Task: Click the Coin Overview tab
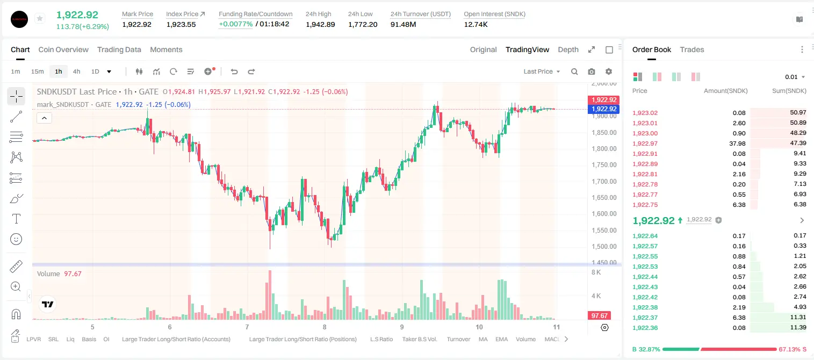click(63, 49)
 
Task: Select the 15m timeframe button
click(37, 71)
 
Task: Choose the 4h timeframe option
click(76, 71)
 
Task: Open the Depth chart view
click(568, 49)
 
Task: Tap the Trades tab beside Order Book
click(692, 49)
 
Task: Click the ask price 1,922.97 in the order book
click(645, 143)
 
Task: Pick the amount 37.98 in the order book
click(737, 143)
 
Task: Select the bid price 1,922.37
click(645, 318)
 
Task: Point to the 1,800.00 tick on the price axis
click(604, 149)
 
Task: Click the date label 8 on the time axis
click(325, 327)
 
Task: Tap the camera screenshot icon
click(592, 71)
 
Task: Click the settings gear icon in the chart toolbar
click(609, 71)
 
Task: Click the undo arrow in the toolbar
click(234, 71)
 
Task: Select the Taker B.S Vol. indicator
click(420, 339)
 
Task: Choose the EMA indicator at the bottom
click(501, 339)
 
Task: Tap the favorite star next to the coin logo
click(40, 18)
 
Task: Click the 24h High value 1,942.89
click(320, 24)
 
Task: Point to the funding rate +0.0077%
click(235, 24)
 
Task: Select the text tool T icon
click(16, 219)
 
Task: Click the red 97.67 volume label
click(599, 316)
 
